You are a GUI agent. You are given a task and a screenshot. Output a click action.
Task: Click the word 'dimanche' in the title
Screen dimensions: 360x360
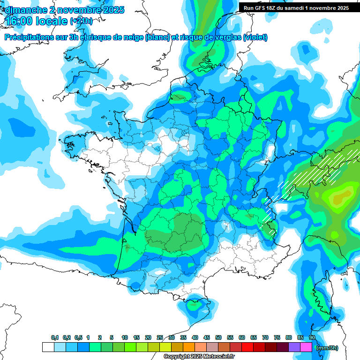(x=24, y=10)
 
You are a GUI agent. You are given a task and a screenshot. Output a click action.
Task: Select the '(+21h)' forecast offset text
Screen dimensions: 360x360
(x=82, y=21)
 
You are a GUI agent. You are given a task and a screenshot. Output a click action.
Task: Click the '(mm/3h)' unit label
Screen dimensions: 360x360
(x=327, y=348)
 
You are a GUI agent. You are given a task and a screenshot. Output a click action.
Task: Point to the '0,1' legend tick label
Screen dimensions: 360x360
(x=54, y=337)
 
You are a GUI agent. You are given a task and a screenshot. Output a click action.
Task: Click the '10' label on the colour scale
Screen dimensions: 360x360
(x=125, y=337)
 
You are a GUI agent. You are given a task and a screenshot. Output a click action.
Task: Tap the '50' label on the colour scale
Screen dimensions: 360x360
(x=218, y=337)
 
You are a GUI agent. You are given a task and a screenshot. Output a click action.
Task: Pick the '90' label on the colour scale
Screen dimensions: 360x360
(x=312, y=337)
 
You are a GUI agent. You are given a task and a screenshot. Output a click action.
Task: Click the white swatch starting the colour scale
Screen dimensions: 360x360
(x=48, y=347)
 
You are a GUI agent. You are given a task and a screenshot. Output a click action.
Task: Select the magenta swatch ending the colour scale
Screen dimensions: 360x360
(x=306, y=347)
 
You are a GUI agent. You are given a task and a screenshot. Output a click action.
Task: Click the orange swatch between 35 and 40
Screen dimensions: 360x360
(x=189, y=347)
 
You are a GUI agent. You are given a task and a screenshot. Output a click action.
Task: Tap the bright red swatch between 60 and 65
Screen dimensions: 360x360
(x=247, y=347)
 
